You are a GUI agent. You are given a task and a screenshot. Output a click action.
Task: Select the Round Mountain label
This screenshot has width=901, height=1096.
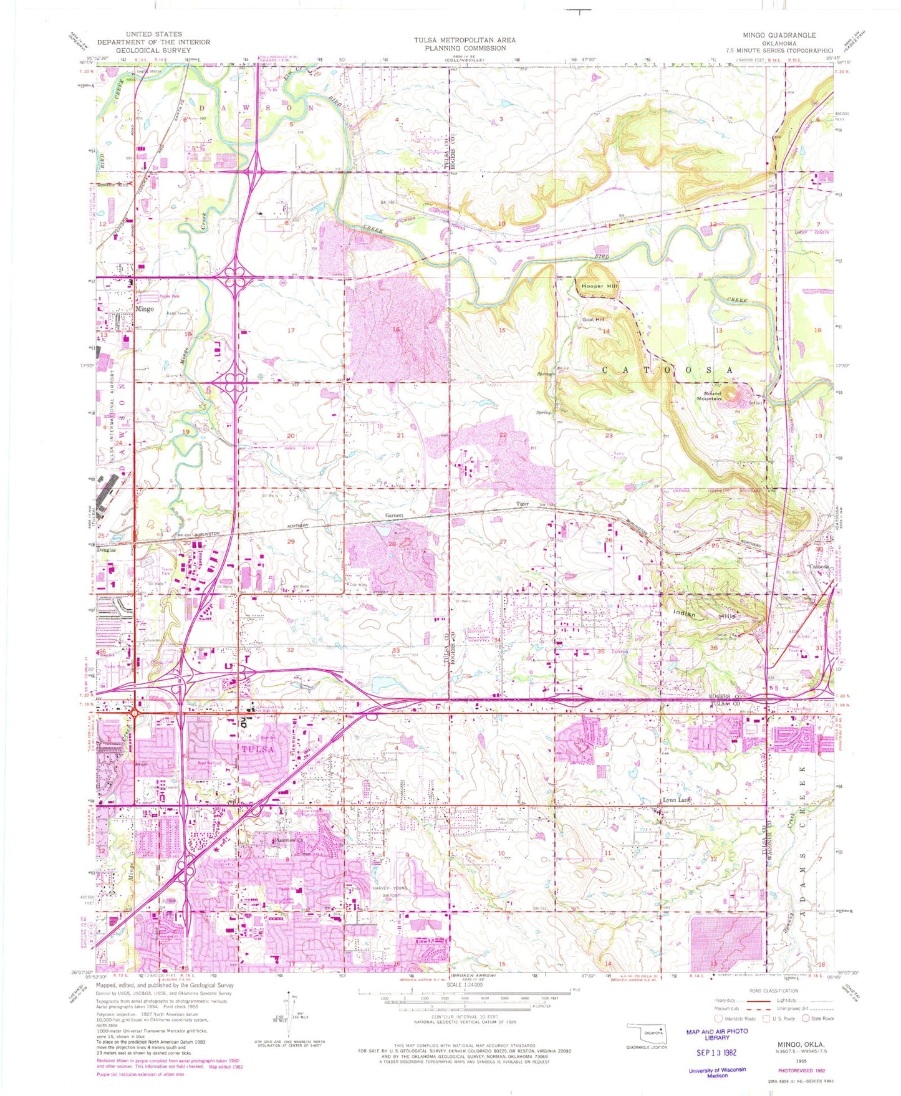tap(711, 396)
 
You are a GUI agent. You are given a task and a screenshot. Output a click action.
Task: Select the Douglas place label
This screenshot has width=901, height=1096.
tap(107, 550)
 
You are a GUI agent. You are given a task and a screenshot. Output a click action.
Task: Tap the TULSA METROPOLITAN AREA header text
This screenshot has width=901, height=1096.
tap(465, 40)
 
